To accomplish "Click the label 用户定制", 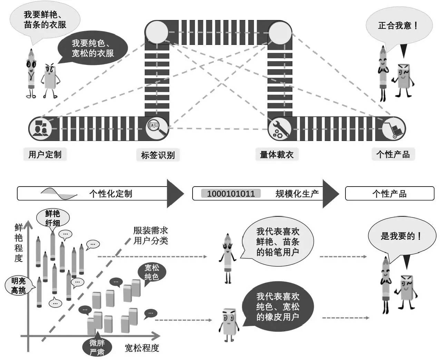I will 45,154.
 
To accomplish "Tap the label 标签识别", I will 158,155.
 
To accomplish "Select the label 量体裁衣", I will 276,154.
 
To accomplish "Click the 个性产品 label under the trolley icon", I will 393,154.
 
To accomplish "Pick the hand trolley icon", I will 393,129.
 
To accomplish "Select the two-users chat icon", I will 40,129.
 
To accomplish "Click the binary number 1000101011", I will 231,194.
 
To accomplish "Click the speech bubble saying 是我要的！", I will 401,236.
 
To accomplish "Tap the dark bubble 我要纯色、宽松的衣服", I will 92,48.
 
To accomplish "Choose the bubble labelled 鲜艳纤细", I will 53,218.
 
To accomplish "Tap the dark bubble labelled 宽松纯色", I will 151,272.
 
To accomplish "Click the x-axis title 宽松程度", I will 141,348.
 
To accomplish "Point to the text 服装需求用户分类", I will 151,235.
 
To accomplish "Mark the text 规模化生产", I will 297,194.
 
